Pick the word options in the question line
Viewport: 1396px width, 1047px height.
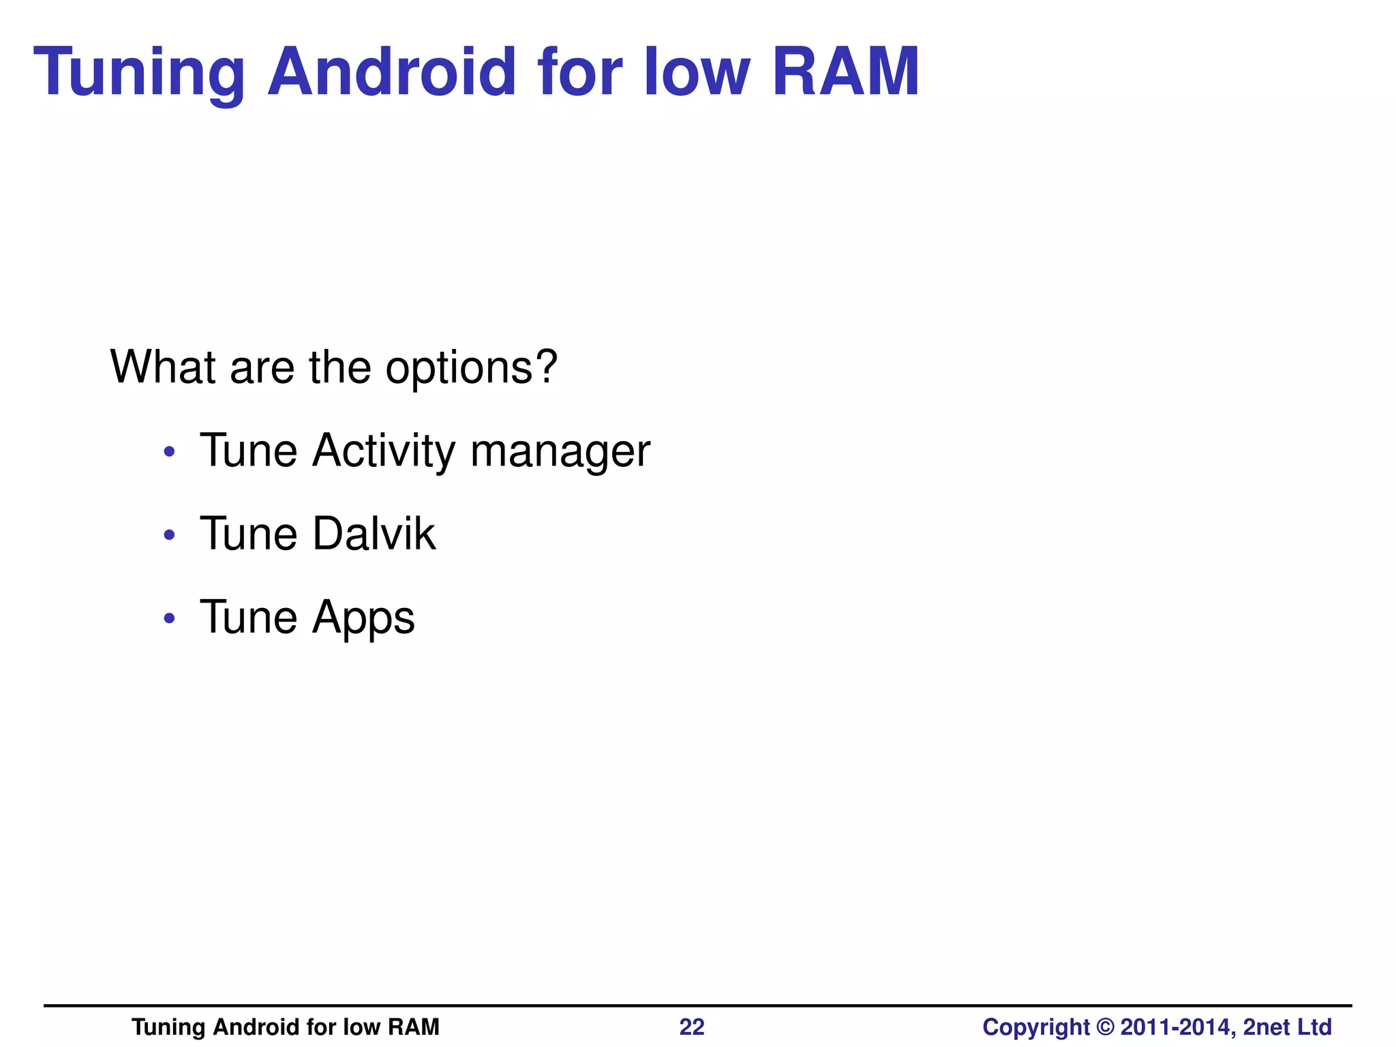coord(471,368)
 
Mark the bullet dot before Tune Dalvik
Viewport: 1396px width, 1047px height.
coord(170,535)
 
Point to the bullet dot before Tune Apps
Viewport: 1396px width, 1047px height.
coord(170,619)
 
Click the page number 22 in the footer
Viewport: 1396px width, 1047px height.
coord(691,1027)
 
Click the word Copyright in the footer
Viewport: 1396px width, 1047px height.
coord(1036,1027)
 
